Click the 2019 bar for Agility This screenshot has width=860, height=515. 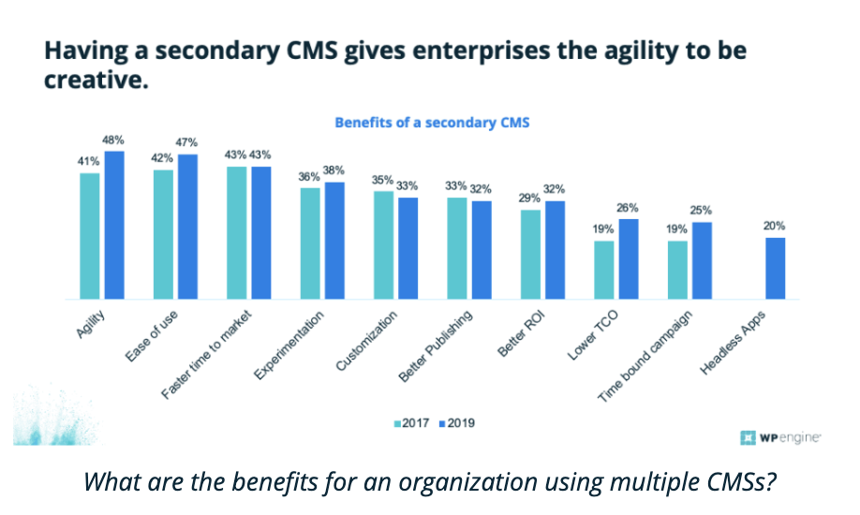coord(114,225)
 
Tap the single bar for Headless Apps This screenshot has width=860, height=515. coord(774,268)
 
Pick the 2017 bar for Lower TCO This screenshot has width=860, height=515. coord(603,270)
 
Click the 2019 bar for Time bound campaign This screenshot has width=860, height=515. coord(701,260)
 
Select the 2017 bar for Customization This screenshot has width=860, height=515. coord(383,245)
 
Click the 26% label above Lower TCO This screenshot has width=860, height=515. coord(627,209)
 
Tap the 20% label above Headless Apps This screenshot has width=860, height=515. coord(774,227)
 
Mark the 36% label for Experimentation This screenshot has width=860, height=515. coord(308,177)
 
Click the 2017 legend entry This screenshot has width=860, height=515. coord(411,423)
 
